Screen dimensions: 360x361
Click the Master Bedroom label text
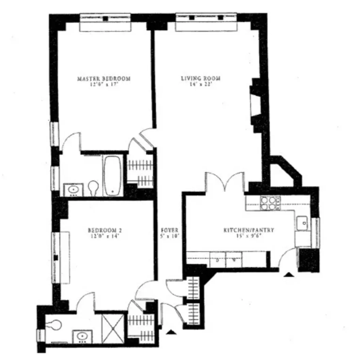point(104,78)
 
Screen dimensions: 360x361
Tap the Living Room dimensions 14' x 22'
point(201,84)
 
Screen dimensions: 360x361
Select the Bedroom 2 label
point(105,230)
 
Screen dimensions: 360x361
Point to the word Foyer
point(170,230)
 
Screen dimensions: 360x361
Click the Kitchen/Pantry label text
point(249,230)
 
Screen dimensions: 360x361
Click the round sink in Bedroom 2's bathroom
point(82,336)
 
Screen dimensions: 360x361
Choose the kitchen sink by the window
point(302,223)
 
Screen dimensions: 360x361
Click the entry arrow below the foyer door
point(171,331)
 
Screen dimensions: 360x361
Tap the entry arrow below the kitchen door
point(289,273)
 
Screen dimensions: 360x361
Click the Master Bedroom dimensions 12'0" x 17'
point(104,84)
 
